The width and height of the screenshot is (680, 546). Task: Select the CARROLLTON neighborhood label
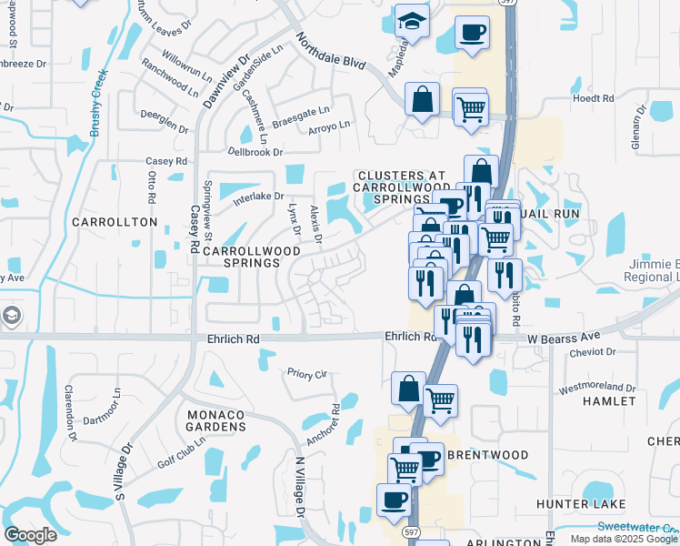tap(115, 222)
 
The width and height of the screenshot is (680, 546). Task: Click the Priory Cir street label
tap(306, 373)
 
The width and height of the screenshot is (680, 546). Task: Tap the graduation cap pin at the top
tap(413, 24)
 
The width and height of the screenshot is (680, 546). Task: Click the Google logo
tap(30, 535)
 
